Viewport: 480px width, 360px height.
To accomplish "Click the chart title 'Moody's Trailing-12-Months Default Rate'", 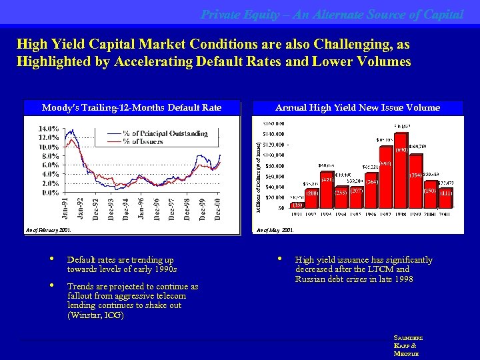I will click(131, 107).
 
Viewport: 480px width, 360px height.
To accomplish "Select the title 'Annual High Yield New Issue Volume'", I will click(357, 107).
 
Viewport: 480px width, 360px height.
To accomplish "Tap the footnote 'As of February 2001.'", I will click(47, 230).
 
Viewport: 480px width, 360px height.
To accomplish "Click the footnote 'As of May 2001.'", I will click(275, 230).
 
